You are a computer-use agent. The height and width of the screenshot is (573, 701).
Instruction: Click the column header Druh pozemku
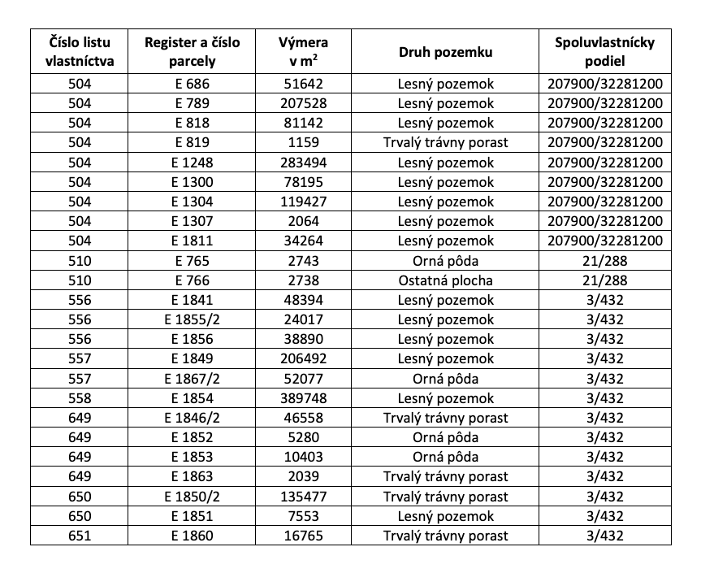pos(446,52)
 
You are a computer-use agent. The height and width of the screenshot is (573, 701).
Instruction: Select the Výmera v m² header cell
pos(303,52)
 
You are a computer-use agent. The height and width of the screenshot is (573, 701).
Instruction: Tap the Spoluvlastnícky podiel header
pos(604,52)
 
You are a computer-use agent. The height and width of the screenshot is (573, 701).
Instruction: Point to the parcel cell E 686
pos(193,84)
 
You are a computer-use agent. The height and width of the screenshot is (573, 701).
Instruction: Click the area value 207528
pos(303,103)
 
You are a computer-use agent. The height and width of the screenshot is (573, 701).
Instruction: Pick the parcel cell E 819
pos(193,143)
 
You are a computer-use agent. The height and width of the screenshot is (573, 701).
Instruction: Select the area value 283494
pos(303,163)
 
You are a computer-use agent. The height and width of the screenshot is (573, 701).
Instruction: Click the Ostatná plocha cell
pos(446,280)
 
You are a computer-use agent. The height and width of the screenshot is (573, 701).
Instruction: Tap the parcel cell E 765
pos(193,261)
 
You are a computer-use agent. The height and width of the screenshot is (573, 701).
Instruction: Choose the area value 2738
pos(303,280)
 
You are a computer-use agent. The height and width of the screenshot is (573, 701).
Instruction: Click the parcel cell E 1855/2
pos(193,319)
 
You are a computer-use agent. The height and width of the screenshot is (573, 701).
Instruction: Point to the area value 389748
pos(303,398)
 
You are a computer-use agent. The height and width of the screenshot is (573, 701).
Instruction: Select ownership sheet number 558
pos(80,398)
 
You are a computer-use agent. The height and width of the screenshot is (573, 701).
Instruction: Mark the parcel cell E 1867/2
pos(193,379)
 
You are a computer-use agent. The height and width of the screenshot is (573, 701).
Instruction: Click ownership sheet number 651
pos(80,536)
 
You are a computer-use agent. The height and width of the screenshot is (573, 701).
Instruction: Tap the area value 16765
pos(303,536)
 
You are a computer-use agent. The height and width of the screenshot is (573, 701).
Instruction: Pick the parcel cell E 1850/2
pos(193,497)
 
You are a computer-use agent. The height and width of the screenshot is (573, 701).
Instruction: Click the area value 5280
pos(303,437)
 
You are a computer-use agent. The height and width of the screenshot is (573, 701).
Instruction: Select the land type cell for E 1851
pos(446,516)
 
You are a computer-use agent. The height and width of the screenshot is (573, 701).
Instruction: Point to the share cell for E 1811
pos(604,241)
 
